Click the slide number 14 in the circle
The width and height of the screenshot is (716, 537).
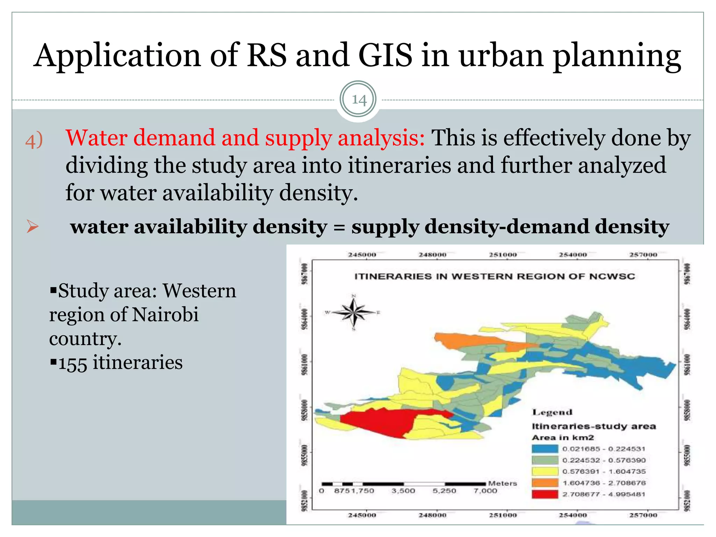(x=358, y=100)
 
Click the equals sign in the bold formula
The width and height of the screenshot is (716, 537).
(x=339, y=227)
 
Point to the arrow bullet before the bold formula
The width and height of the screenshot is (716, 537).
(x=32, y=227)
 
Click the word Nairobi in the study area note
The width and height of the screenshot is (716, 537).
(x=165, y=314)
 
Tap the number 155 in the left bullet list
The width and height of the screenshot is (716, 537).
(x=72, y=363)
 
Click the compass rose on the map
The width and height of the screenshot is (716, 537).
(x=354, y=312)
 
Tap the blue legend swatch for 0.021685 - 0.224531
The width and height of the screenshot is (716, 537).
(x=545, y=449)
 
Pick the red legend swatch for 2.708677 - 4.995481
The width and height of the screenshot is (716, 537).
(x=545, y=494)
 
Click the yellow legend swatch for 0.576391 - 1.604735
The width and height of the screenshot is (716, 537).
(x=545, y=472)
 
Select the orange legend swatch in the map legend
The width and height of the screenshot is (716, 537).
(x=545, y=483)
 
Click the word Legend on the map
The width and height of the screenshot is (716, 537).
(x=552, y=413)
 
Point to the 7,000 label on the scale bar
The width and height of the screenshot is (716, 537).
(x=485, y=491)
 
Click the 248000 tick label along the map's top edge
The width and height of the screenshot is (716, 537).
(x=432, y=255)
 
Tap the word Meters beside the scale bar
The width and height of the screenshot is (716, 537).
(x=502, y=484)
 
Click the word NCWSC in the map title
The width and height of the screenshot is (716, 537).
(x=612, y=277)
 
